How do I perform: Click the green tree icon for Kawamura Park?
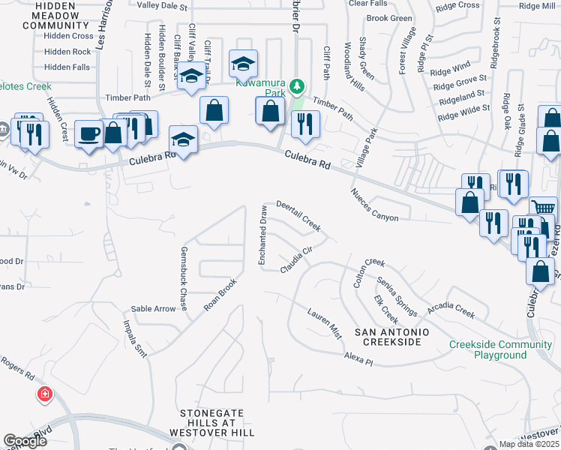[x=298, y=86]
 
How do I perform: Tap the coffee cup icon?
[x=90, y=133]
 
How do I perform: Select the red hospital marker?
[x=45, y=394]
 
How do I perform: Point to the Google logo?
[x=24, y=441]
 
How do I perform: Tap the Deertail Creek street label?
[x=298, y=214]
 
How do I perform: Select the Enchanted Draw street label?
[x=262, y=235]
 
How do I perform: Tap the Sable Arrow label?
[x=153, y=308]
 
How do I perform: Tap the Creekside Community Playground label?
[x=500, y=349]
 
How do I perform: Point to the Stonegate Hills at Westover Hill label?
[x=217, y=423]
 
